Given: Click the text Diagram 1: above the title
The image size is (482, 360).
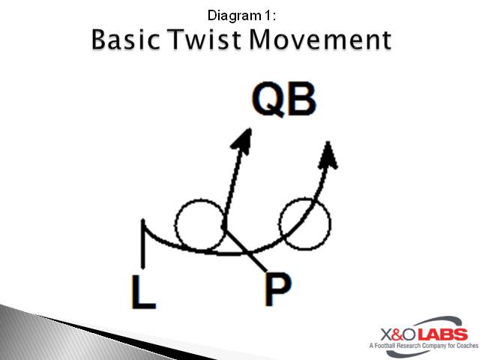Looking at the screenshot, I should click(x=241, y=13).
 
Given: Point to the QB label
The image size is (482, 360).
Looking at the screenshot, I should click(x=284, y=100).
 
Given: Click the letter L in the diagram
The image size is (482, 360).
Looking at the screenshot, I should click(x=143, y=292).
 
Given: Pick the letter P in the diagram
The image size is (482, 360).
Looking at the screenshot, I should click(x=278, y=291).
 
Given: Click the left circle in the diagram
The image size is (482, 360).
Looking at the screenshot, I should click(x=199, y=224).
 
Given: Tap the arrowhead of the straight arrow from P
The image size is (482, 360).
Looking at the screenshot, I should click(x=242, y=139).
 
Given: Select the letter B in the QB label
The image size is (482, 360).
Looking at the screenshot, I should click(x=301, y=100).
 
